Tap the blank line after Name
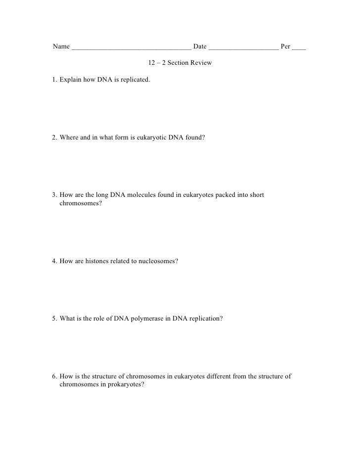[x=131, y=49]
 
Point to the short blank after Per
[x=299, y=49]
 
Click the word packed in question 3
[x=212, y=195]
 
